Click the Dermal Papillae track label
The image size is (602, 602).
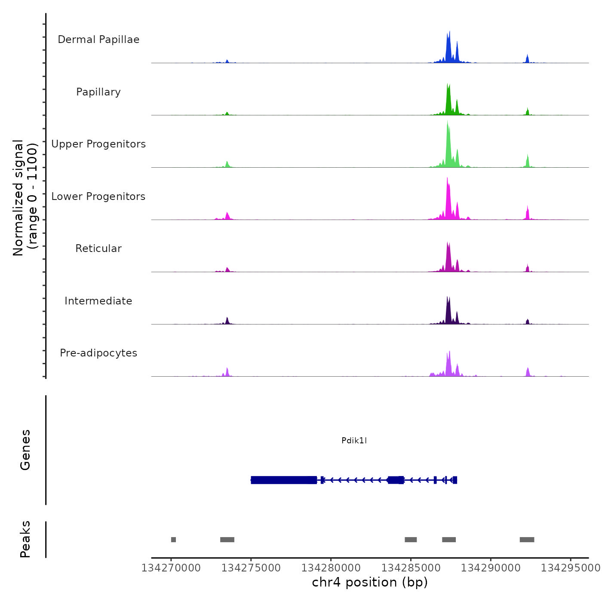click(x=98, y=40)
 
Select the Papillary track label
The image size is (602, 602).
click(x=98, y=92)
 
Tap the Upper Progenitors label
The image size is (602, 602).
click(x=98, y=144)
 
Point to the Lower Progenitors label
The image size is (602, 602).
click(x=98, y=197)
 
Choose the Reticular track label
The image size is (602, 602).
click(x=98, y=249)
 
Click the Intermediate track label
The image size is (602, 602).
click(x=98, y=301)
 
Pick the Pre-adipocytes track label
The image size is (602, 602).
click(x=98, y=353)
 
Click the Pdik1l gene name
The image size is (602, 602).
click(x=354, y=440)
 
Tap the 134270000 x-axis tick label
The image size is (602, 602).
click(x=171, y=568)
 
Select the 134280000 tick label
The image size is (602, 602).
click(x=331, y=568)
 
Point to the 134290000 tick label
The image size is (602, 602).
click(x=491, y=568)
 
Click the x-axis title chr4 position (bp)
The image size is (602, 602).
click(x=370, y=582)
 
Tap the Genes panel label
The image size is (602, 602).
click(x=25, y=450)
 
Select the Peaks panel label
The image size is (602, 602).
click(x=25, y=539)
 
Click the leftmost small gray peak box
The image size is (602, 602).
click(x=173, y=540)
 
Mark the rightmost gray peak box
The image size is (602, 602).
click(x=527, y=540)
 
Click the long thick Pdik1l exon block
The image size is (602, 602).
click(x=284, y=480)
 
